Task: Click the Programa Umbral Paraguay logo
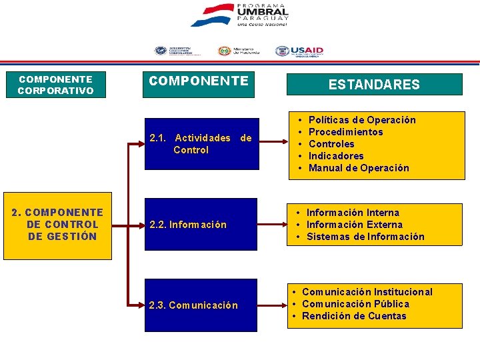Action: pos(239,15)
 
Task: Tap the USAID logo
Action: pos(299,51)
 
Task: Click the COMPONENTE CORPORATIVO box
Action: pos(55,85)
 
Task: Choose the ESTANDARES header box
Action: pos(374,85)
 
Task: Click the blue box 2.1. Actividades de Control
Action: pos(201,144)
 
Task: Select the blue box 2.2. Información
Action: pos(201,225)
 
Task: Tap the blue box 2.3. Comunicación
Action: pos(201,305)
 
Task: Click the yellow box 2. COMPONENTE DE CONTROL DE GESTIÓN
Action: pos(55,225)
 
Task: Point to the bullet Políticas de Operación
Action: pos(362,120)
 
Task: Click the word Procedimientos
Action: pos(346,132)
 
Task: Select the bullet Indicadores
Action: pos(336,156)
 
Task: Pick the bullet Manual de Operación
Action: pos(359,168)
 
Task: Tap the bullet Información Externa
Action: pos(355,225)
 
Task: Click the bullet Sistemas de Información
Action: pos(365,237)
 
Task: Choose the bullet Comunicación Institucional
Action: pos(367,292)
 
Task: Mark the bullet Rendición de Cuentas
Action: pos(354,316)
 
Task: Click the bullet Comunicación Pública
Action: pos(355,304)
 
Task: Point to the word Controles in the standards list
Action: pos(331,144)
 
